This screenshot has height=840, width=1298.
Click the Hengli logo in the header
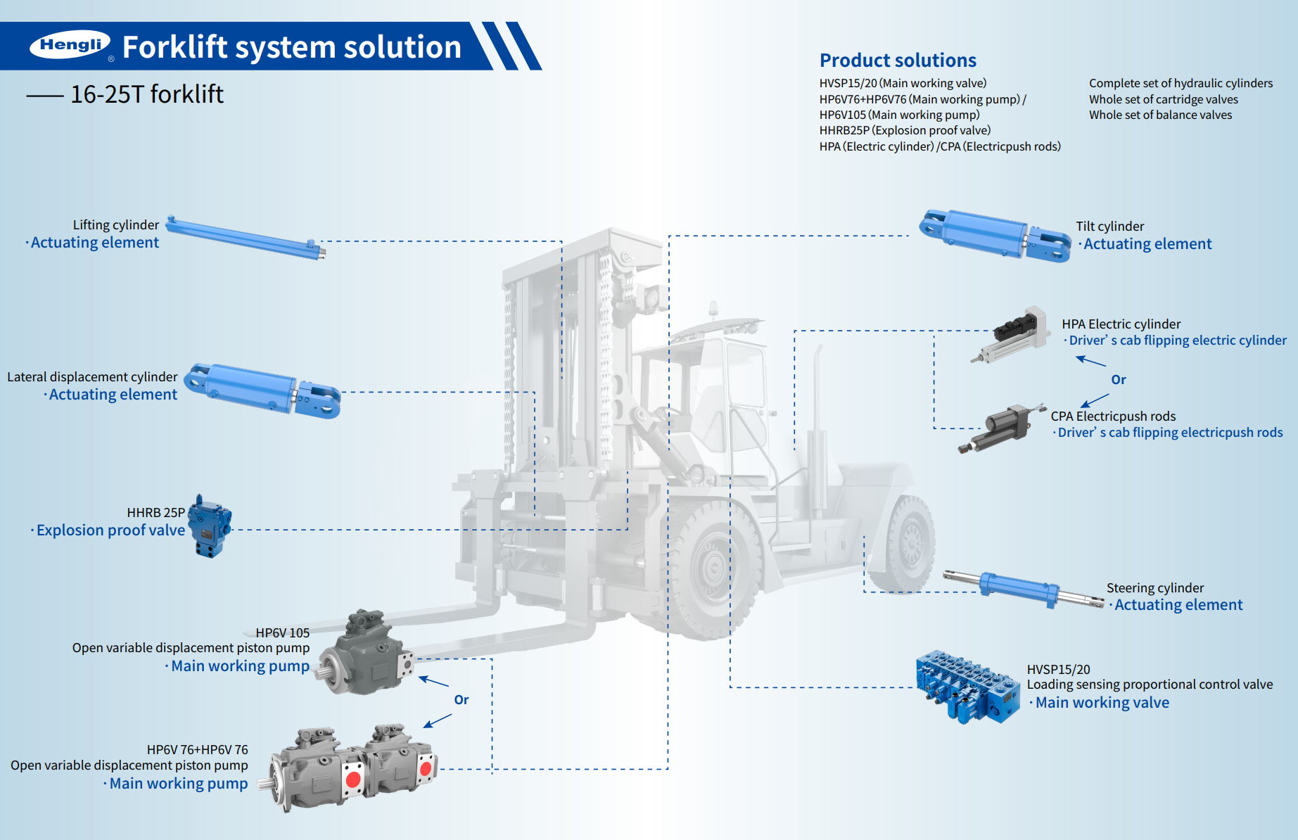pyautogui.click(x=70, y=45)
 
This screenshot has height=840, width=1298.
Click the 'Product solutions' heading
pyautogui.click(x=898, y=61)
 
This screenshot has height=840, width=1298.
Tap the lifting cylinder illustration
pyautogui.click(x=246, y=238)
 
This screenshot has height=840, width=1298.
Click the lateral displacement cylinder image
pyautogui.click(x=262, y=390)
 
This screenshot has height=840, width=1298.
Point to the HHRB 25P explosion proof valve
pyautogui.click(x=210, y=526)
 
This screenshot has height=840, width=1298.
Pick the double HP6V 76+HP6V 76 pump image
pyautogui.click(x=352, y=768)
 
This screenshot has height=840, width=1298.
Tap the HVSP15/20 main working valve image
pyautogui.click(x=967, y=686)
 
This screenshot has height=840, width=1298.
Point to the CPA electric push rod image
pyautogui.click(x=1000, y=428)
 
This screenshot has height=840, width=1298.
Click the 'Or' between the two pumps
pyautogui.click(x=461, y=700)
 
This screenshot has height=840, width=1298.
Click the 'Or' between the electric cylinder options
pyautogui.click(x=1118, y=380)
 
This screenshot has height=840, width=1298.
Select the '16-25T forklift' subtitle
pyautogui.click(x=146, y=94)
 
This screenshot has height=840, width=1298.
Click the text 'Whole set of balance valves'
pyautogui.click(x=1160, y=115)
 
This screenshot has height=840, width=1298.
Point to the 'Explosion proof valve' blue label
pyautogui.click(x=110, y=530)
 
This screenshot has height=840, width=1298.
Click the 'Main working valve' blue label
pyautogui.click(x=1102, y=703)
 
